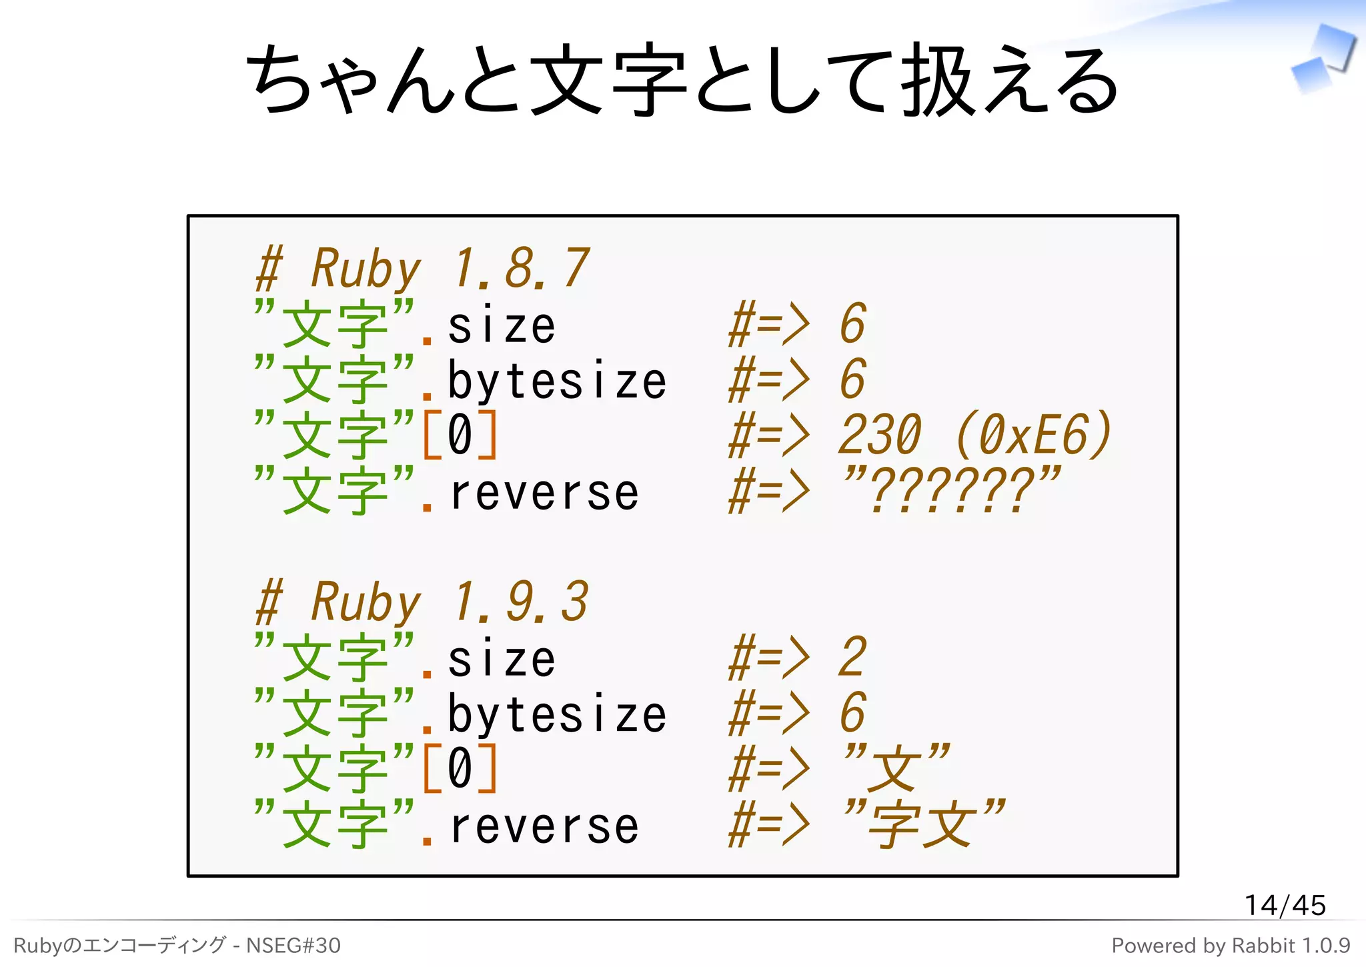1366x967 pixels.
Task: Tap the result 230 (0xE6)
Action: pos(974,435)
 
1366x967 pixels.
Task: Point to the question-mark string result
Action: pos(950,491)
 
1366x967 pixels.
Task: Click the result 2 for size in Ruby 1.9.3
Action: pos(852,658)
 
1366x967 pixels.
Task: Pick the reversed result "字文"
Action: pos(924,824)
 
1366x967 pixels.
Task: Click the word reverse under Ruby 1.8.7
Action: pos(544,494)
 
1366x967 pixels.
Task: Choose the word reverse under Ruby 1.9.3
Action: pos(544,827)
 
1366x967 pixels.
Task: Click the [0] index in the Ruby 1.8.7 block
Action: pos(460,435)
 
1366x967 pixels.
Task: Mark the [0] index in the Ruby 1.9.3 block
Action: pos(460,768)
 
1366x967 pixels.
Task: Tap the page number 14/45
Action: pos(1285,905)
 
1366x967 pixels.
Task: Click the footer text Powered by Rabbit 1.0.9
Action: pos(1231,946)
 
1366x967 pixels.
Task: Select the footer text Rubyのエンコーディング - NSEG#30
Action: pos(177,946)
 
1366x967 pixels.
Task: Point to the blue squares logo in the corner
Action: pos(1324,59)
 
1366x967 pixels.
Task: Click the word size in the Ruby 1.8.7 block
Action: pos(502,327)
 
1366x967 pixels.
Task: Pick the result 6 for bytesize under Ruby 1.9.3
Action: pos(852,714)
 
